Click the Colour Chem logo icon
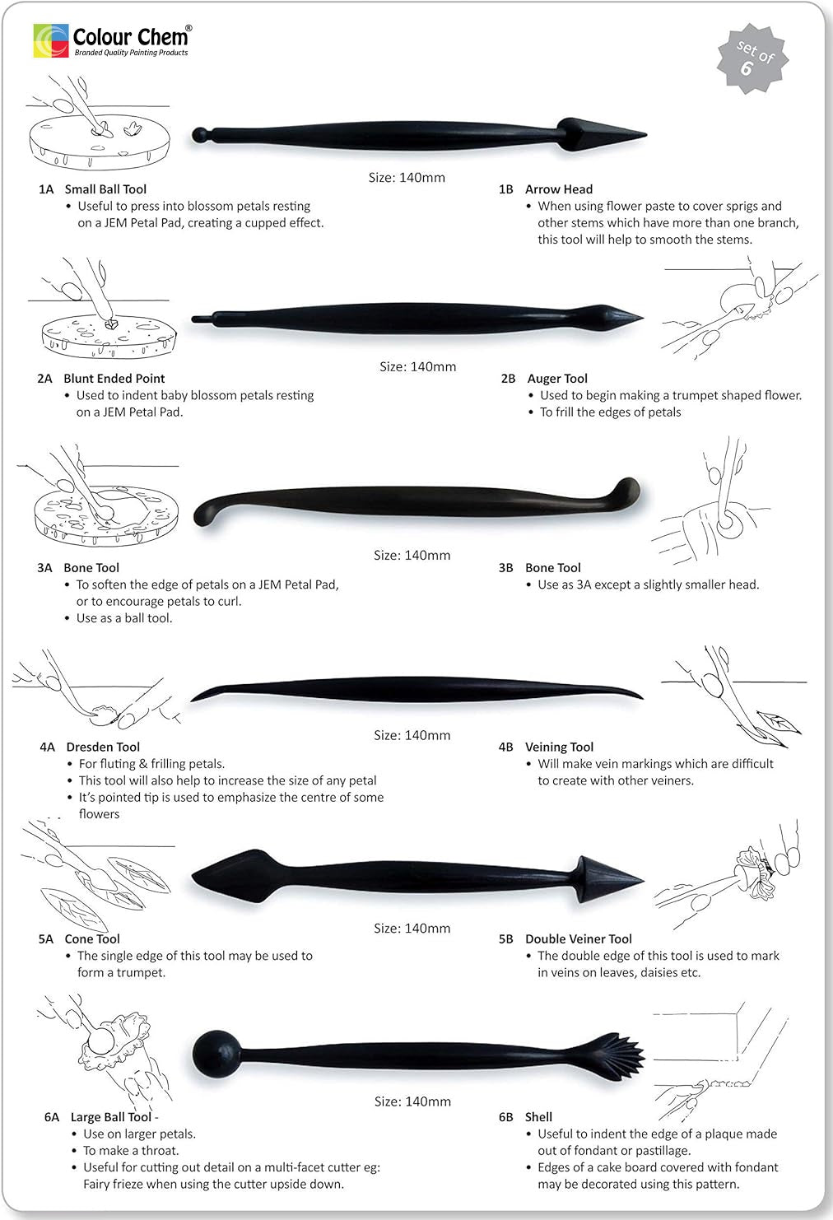[x=50, y=40]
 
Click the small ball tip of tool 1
[x=198, y=133]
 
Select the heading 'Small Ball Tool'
[x=105, y=189]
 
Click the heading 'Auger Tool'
[x=557, y=379]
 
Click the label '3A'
[x=44, y=568]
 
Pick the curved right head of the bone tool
[x=623, y=491]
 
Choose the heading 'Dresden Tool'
[x=103, y=747]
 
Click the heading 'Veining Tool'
[x=559, y=747]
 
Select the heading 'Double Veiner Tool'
[x=579, y=939]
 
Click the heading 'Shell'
[x=538, y=1117]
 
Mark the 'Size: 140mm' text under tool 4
[x=412, y=735]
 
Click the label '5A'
[x=45, y=939]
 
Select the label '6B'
[x=505, y=1117]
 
